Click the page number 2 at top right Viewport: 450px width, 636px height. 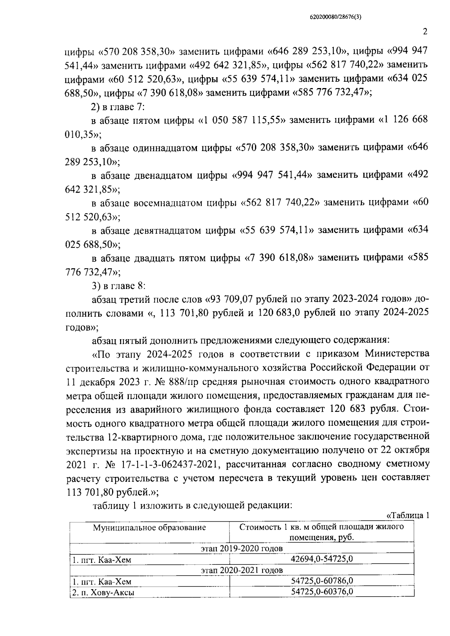[x=425, y=32]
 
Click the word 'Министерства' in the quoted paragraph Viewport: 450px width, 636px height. [x=397, y=353]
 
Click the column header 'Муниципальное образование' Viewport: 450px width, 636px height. [x=150, y=528]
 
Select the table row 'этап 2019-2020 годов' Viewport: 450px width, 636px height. [x=241, y=548]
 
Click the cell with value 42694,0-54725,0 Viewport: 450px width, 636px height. [x=322, y=559]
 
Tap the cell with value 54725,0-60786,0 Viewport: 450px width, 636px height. [x=322, y=581]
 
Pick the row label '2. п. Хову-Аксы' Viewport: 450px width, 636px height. [x=103, y=592]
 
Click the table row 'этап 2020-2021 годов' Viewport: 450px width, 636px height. [x=241, y=570]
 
